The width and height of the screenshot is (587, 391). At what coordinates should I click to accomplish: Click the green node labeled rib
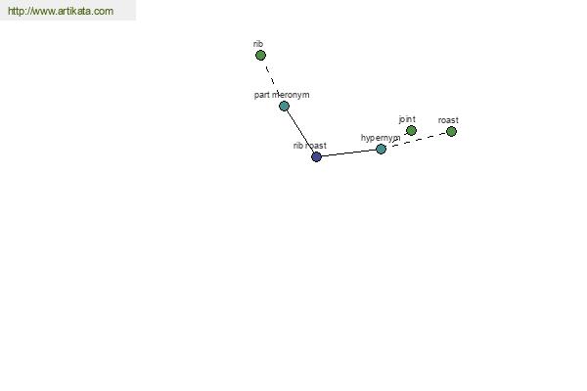tap(260, 56)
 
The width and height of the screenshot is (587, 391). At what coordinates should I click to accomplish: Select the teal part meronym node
tap(284, 106)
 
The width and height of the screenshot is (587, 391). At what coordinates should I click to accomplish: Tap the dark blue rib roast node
tap(316, 156)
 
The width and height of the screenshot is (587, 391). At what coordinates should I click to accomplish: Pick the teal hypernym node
tap(381, 149)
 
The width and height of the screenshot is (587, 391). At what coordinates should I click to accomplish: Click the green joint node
tap(411, 130)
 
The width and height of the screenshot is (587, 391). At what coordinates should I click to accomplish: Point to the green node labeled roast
tap(451, 131)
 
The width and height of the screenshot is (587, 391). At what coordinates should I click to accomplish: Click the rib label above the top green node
tap(258, 44)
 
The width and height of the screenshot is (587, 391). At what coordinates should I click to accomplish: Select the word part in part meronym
tap(261, 95)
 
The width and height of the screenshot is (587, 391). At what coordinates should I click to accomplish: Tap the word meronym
tap(291, 95)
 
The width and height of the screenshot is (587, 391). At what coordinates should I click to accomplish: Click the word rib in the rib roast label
tap(298, 146)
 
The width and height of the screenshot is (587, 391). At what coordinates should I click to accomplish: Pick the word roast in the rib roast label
tap(316, 146)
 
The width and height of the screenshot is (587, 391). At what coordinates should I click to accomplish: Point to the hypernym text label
tap(381, 138)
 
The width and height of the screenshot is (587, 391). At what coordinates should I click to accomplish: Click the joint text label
tap(407, 119)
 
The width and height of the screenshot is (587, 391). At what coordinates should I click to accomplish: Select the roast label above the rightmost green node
tap(448, 120)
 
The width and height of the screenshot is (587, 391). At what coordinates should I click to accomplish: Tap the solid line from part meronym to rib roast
tap(300, 131)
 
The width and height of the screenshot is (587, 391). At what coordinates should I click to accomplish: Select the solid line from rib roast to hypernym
tap(348, 152)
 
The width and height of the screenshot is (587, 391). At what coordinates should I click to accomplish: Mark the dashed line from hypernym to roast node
tap(417, 140)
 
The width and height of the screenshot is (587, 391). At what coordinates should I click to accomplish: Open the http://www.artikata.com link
tap(61, 11)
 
